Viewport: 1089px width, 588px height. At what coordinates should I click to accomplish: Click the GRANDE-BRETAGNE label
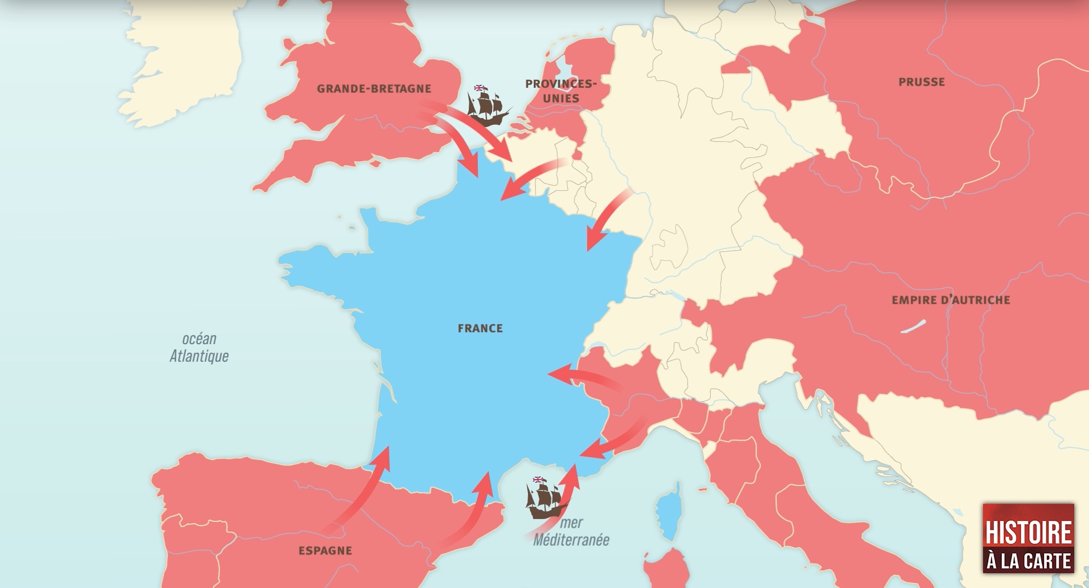point(374,88)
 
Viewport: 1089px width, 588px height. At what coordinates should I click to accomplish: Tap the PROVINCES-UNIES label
point(560,91)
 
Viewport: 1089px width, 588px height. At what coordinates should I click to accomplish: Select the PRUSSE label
point(921,82)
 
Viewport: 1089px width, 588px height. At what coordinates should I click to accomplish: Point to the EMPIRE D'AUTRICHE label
point(951,300)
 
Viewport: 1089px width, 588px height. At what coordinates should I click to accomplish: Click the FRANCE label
point(480,328)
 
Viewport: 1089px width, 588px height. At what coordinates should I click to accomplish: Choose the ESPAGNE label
point(325,550)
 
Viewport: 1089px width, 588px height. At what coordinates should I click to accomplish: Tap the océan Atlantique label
point(199,348)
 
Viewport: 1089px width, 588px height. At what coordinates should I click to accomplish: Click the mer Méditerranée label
point(571,532)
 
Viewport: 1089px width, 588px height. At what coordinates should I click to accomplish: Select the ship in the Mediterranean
point(546,499)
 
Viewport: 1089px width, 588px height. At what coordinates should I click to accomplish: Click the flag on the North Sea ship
point(480,88)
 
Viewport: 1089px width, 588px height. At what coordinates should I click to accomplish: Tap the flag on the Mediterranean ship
point(538,480)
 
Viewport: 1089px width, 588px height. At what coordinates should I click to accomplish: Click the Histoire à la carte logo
point(1028,538)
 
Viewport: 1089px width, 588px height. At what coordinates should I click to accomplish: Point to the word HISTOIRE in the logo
point(1028,532)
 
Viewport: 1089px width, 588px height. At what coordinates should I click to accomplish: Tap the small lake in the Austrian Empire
point(913,326)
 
